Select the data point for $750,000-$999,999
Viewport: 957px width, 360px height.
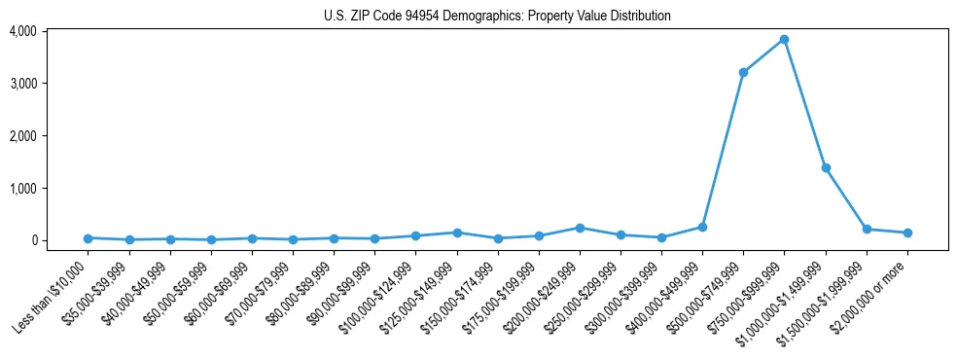[x=784, y=40]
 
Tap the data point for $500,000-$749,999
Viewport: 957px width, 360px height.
[x=743, y=72]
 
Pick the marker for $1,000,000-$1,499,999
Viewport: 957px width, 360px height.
[x=826, y=167]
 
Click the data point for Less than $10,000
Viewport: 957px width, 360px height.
[x=89, y=237]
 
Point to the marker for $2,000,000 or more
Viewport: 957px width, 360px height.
[x=907, y=233]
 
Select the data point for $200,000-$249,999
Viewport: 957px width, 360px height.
[x=580, y=228]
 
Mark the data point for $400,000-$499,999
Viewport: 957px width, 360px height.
[x=702, y=227]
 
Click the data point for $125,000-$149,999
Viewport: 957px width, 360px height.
[x=457, y=233]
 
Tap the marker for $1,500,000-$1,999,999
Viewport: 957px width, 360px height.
[x=867, y=230]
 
